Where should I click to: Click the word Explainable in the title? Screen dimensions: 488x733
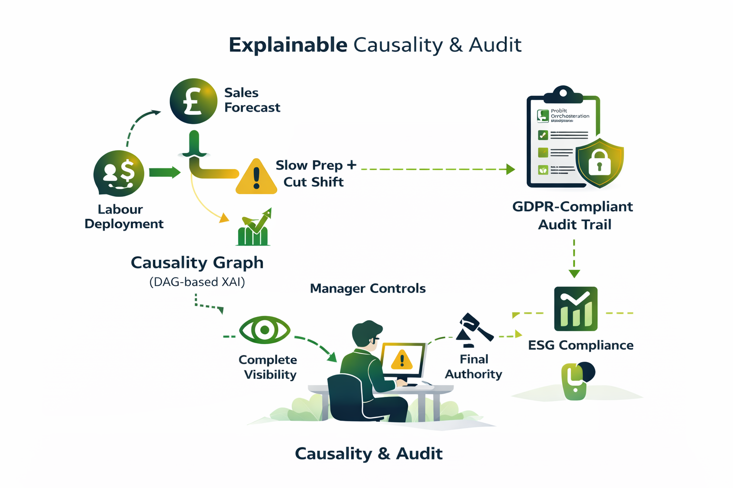tap(288, 45)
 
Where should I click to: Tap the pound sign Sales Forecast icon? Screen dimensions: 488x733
tap(193, 102)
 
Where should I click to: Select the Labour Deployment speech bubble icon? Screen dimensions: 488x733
tap(119, 173)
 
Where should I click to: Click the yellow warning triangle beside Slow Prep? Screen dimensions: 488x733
tap(256, 178)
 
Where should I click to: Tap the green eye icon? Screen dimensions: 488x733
tap(264, 330)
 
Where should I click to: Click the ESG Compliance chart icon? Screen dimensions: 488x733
tap(576, 309)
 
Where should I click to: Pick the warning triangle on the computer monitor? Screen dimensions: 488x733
tap(402, 360)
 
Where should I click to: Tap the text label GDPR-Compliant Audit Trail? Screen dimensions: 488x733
tap(573, 215)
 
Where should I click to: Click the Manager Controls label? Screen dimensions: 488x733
tap(367, 288)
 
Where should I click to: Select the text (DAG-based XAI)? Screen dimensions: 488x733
tap(197, 282)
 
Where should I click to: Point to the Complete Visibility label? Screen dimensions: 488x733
tap(268, 367)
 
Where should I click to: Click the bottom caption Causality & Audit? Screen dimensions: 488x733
tap(368, 454)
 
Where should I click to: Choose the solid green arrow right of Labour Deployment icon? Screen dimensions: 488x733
tap(164, 173)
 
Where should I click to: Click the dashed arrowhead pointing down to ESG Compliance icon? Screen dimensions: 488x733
tap(574, 274)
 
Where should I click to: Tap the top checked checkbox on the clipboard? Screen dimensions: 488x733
tap(543, 135)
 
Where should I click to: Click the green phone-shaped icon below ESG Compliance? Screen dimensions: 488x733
tap(575, 382)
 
